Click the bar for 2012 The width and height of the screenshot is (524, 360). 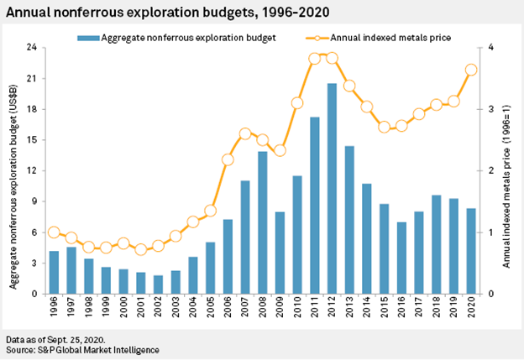(332, 189)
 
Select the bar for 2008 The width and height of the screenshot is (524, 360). (263, 222)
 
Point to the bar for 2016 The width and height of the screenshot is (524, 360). (401, 258)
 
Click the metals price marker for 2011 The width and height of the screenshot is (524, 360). (315, 59)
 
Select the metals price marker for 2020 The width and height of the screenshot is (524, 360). (471, 70)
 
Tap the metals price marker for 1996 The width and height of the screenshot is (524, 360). (55, 232)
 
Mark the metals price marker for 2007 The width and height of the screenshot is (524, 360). (245, 133)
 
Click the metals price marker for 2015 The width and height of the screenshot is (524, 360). (384, 127)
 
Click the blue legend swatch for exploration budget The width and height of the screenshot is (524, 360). (86, 37)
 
